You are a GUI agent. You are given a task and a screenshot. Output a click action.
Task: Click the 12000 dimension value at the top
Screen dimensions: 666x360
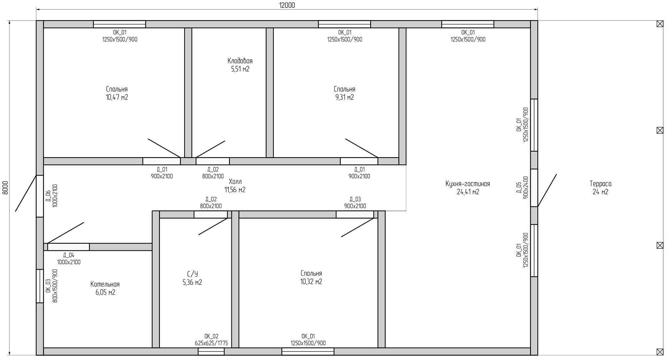pyautogui.click(x=287, y=5)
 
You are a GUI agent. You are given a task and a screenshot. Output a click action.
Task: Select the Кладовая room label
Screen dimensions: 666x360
pyautogui.click(x=240, y=61)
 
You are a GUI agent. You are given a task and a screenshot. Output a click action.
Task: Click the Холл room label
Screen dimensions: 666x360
pyautogui.click(x=235, y=182)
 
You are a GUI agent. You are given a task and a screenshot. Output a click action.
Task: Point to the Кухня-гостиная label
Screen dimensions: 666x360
pyautogui.click(x=468, y=184)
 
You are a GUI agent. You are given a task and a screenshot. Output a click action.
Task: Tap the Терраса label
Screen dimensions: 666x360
pyautogui.click(x=600, y=184)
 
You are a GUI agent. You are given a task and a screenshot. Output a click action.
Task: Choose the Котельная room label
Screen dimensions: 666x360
pyautogui.click(x=105, y=284)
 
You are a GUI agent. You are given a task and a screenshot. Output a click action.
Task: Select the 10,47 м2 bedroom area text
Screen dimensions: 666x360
pyautogui.click(x=117, y=97)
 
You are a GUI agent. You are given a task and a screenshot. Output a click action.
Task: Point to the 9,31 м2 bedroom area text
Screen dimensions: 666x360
pyautogui.click(x=345, y=97)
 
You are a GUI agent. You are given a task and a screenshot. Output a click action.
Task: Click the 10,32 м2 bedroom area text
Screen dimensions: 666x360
pyautogui.click(x=311, y=282)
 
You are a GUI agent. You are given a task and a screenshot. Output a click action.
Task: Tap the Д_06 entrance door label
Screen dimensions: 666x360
pyautogui.click(x=48, y=196)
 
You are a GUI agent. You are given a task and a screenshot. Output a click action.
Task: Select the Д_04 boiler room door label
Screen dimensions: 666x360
pyautogui.click(x=69, y=255)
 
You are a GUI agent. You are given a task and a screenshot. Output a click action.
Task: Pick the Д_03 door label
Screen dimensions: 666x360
pyautogui.click(x=355, y=199)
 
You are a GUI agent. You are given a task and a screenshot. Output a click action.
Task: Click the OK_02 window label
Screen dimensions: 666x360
pyautogui.click(x=211, y=336)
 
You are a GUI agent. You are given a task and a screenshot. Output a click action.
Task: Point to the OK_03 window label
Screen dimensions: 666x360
pyautogui.click(x=48, y=286)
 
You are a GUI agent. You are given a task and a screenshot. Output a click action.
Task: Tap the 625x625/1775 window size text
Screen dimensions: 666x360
pyautogui.click(x=211, y=343)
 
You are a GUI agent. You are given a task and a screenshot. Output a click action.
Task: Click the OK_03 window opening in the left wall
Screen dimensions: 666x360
pyautogui.click(x=40, y=286)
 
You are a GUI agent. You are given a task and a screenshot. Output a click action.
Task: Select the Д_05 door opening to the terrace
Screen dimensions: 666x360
pyautogui.click(x=534, y=188)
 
